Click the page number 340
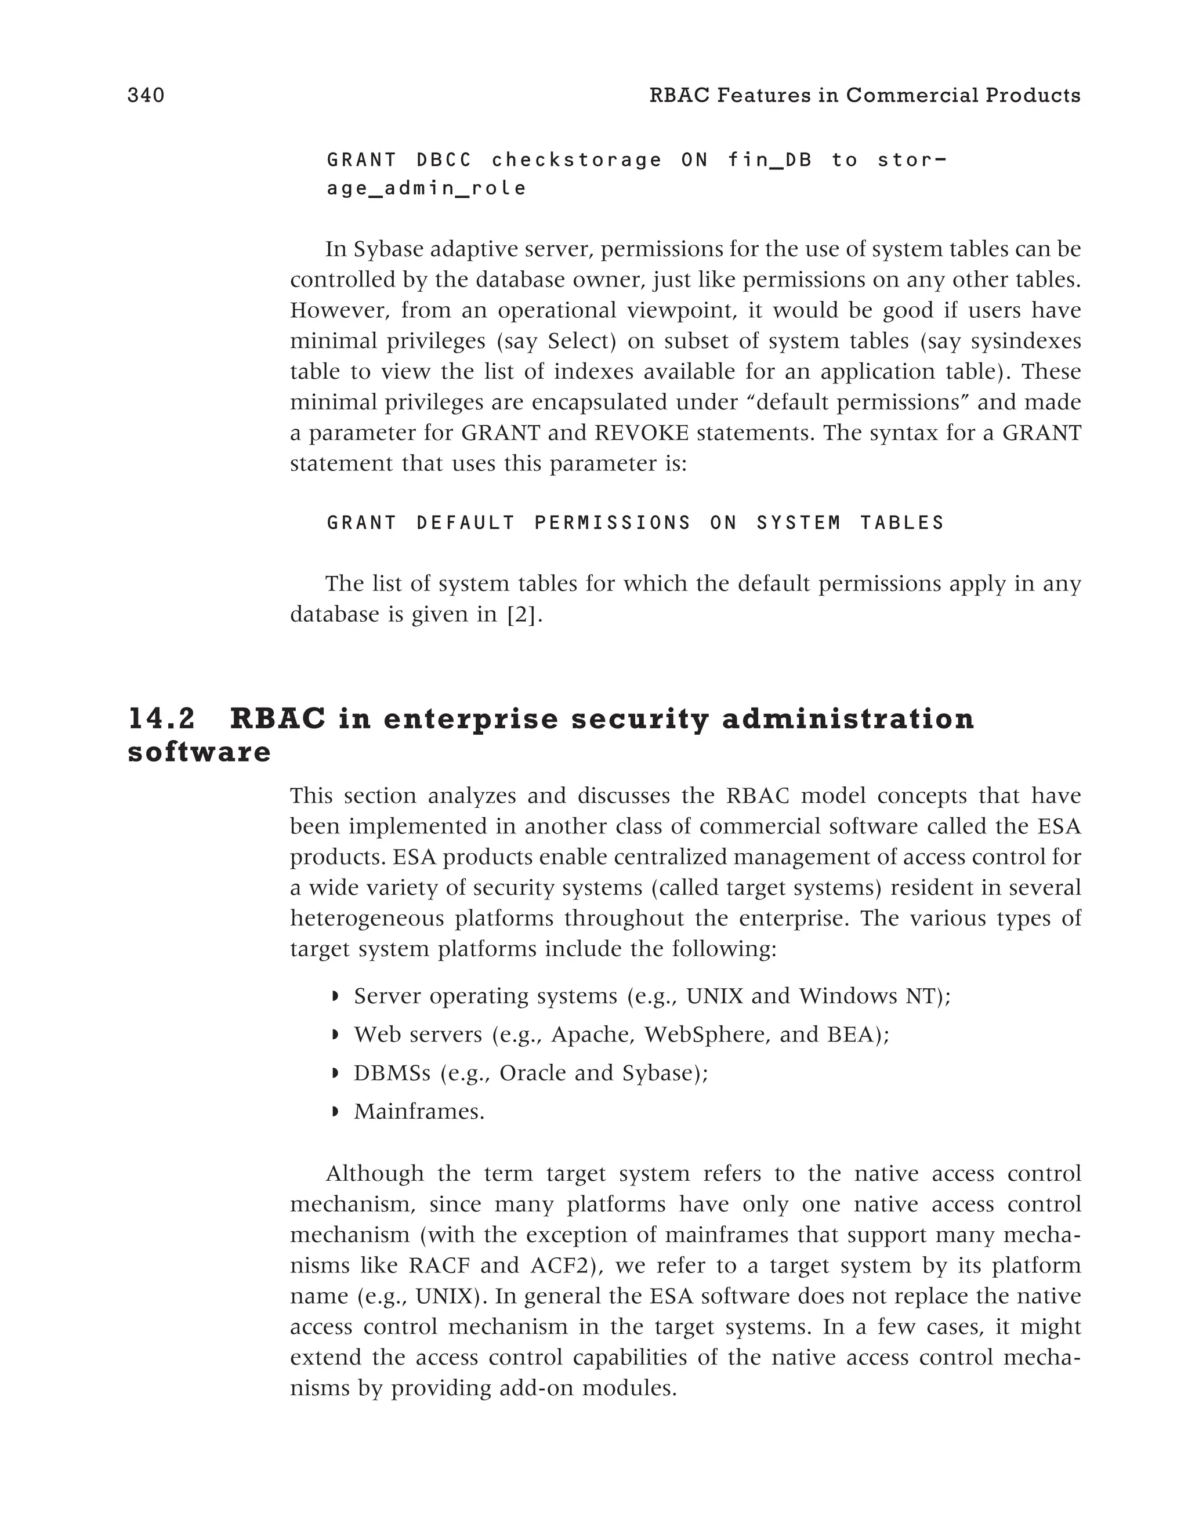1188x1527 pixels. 146,96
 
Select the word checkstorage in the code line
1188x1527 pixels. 577,160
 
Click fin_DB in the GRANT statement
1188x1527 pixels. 770,160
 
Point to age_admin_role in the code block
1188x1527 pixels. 426,189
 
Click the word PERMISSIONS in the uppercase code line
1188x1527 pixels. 613,523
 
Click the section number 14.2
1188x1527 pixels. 162,720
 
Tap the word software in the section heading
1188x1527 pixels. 200,752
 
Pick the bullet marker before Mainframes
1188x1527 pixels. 334,1112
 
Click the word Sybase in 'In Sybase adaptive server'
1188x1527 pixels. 389,249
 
